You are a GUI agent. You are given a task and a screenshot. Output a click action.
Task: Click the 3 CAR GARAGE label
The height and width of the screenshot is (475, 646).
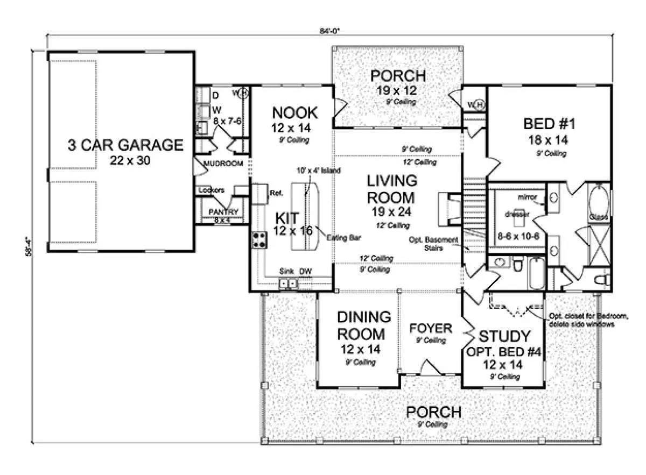click(x=125, y=145)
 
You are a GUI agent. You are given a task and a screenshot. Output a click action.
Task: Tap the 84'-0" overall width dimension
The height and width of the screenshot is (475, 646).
click(x=328, y=31)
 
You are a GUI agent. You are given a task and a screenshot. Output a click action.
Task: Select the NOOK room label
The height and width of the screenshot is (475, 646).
click(x=294, y=114)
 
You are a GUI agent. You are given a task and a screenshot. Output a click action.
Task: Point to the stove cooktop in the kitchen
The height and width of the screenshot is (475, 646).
click(x=259, y=239)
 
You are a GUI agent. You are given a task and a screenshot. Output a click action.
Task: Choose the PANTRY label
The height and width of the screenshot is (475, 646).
click(x=223, y=212)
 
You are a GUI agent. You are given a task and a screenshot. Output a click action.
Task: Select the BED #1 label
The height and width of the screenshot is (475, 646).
click(x=550, y=124)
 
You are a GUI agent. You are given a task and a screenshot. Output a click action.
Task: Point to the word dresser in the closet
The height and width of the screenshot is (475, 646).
click(x=519, y=214)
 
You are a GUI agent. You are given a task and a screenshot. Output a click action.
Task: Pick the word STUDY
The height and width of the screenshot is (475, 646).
click(x=504, y=337)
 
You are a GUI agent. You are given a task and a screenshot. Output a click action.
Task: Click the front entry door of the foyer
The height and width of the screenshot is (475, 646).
click(x=431, y=370)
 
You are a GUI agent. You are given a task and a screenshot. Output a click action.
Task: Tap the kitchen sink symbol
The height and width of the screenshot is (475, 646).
click(x=287, y=283)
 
